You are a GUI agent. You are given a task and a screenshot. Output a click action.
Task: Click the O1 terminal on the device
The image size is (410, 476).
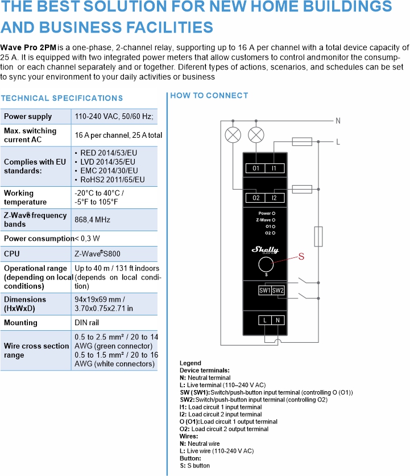(256, 169)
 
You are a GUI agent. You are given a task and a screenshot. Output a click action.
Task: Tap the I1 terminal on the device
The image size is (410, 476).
(274, 169)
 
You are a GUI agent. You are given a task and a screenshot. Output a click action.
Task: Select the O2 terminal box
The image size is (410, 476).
(256, 198)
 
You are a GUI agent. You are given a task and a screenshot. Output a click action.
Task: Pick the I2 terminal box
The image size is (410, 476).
(274, 198)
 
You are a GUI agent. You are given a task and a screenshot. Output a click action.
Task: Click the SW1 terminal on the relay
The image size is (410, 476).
(264, 290)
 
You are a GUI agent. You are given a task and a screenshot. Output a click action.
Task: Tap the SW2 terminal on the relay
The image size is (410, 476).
(278, 290)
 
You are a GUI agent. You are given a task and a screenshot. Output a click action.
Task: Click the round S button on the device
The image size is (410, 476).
(265, 265)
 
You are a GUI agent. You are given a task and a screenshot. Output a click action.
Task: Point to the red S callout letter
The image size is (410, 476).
(301, 257)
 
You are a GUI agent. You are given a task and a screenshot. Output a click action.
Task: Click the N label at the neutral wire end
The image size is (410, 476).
(338, 121)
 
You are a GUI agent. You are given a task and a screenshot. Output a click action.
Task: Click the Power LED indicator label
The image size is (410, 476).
(264, 213)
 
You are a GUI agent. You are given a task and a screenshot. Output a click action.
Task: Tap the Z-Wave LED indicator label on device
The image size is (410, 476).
(263, 219)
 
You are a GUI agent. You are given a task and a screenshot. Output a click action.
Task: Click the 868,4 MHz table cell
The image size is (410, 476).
(93, 219)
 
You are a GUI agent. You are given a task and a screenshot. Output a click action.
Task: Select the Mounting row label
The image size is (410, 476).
(20, 323)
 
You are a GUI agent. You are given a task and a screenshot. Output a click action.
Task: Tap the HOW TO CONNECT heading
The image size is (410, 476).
(209, 96)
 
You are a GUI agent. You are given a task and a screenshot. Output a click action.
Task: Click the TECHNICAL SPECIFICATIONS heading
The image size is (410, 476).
(62, 99)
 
